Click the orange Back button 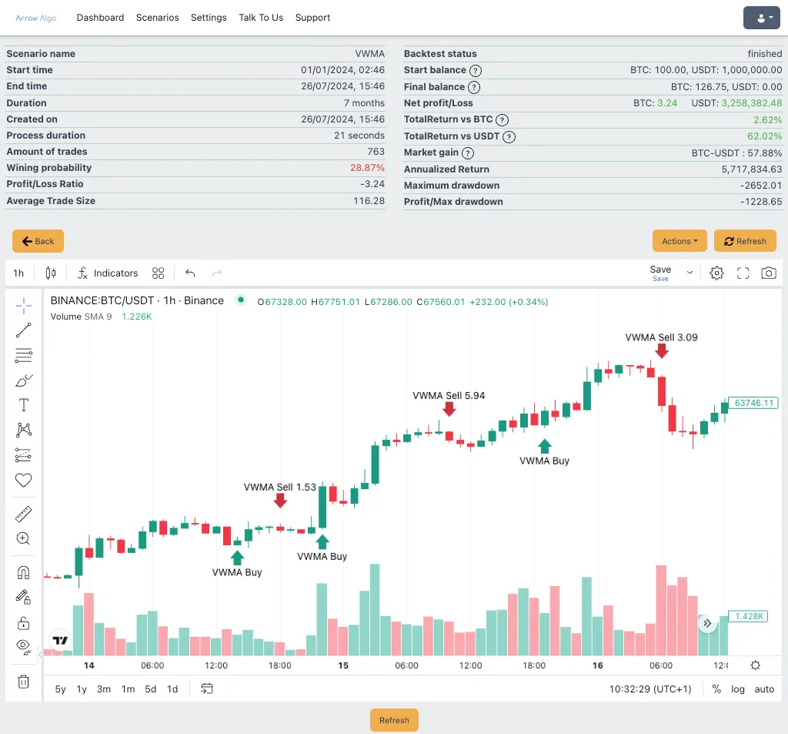38,241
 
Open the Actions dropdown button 679,241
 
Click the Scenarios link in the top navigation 157,18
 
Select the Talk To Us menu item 261,18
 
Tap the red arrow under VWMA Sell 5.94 449,410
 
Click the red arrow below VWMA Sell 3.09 662,351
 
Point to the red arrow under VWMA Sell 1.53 280,501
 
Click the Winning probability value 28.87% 367,168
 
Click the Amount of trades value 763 376,152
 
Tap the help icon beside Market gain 468,153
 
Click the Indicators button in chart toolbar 108,273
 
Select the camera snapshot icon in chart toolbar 769,273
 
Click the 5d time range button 150,689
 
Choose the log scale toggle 738,689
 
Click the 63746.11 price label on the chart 753,403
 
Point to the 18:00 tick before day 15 279,665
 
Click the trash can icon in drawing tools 24,682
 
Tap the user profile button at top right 762,18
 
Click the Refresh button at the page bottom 394,720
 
